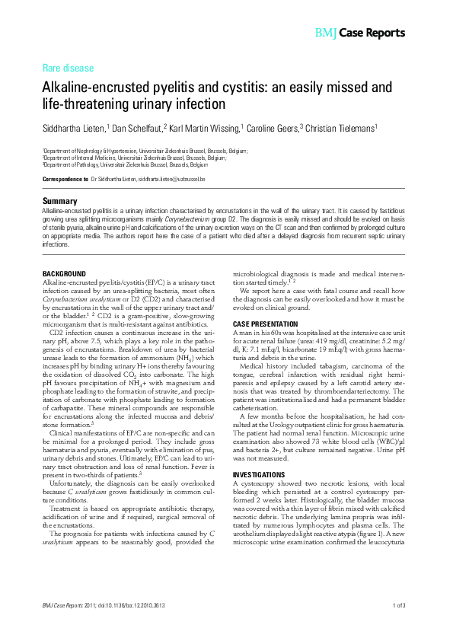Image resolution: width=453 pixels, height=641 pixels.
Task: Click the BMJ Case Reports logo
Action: tap(359, 33)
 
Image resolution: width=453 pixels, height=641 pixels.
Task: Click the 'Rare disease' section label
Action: tap(69, 68)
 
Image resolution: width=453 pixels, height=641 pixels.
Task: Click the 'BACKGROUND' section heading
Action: tap(64, 273)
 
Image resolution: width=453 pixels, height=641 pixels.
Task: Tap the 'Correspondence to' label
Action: tap(65, 178)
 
